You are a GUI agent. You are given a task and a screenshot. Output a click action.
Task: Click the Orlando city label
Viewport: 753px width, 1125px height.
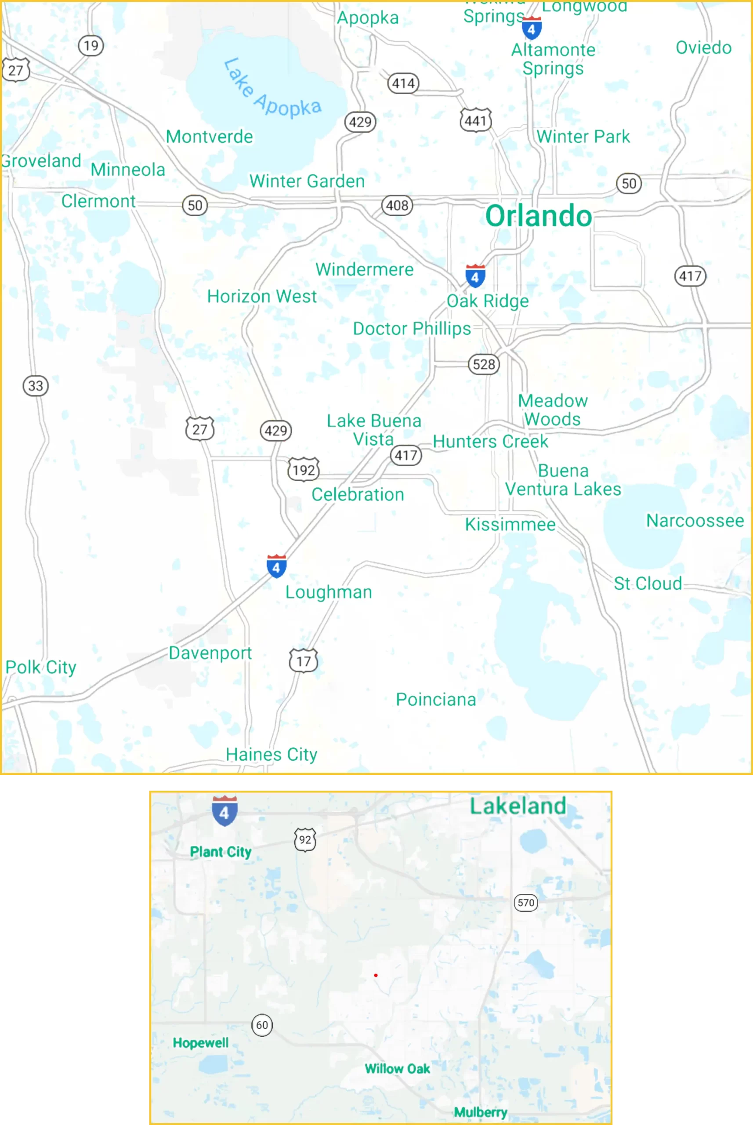[538, 216]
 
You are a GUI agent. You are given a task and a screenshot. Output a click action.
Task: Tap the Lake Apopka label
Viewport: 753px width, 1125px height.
[272, 88]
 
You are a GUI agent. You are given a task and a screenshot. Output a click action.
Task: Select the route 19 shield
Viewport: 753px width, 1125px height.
[91, 46]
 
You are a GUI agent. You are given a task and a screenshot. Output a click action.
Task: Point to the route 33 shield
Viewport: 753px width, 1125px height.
[36, 386]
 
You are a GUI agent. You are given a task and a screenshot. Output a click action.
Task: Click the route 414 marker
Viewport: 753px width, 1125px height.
[403, 83]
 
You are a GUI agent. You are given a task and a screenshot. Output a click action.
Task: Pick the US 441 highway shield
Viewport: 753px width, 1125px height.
[475, 120]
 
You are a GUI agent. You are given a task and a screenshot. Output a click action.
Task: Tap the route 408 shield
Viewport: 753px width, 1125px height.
[397, 206]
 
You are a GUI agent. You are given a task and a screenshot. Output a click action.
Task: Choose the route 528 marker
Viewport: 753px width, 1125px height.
[484, 365]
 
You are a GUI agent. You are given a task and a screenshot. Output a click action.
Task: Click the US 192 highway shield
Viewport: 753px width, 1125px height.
[304, 469]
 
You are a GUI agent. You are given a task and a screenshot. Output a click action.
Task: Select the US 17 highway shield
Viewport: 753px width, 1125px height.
[303, 661]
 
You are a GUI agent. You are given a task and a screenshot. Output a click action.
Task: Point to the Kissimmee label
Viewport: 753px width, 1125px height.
[510, 525]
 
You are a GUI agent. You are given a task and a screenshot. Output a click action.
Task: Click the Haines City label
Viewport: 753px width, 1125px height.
[272, 755]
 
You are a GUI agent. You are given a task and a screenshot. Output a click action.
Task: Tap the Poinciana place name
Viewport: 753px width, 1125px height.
[435, 700]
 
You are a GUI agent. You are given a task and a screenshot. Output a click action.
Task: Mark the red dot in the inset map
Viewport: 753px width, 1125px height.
[376, 975]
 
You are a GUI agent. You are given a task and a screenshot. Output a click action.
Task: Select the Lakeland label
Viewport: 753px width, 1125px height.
[518, 806]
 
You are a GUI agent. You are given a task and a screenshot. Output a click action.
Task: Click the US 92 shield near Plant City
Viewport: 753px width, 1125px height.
[305, 840]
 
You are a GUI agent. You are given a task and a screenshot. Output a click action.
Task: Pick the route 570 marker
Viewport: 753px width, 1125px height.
[526, 903]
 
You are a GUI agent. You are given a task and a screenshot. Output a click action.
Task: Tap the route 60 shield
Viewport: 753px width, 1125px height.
[262, 1025]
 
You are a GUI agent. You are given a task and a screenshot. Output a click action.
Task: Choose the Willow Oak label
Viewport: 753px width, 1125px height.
[397, 1069]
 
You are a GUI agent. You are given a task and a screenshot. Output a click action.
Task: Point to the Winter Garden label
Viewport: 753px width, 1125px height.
[307, 181]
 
